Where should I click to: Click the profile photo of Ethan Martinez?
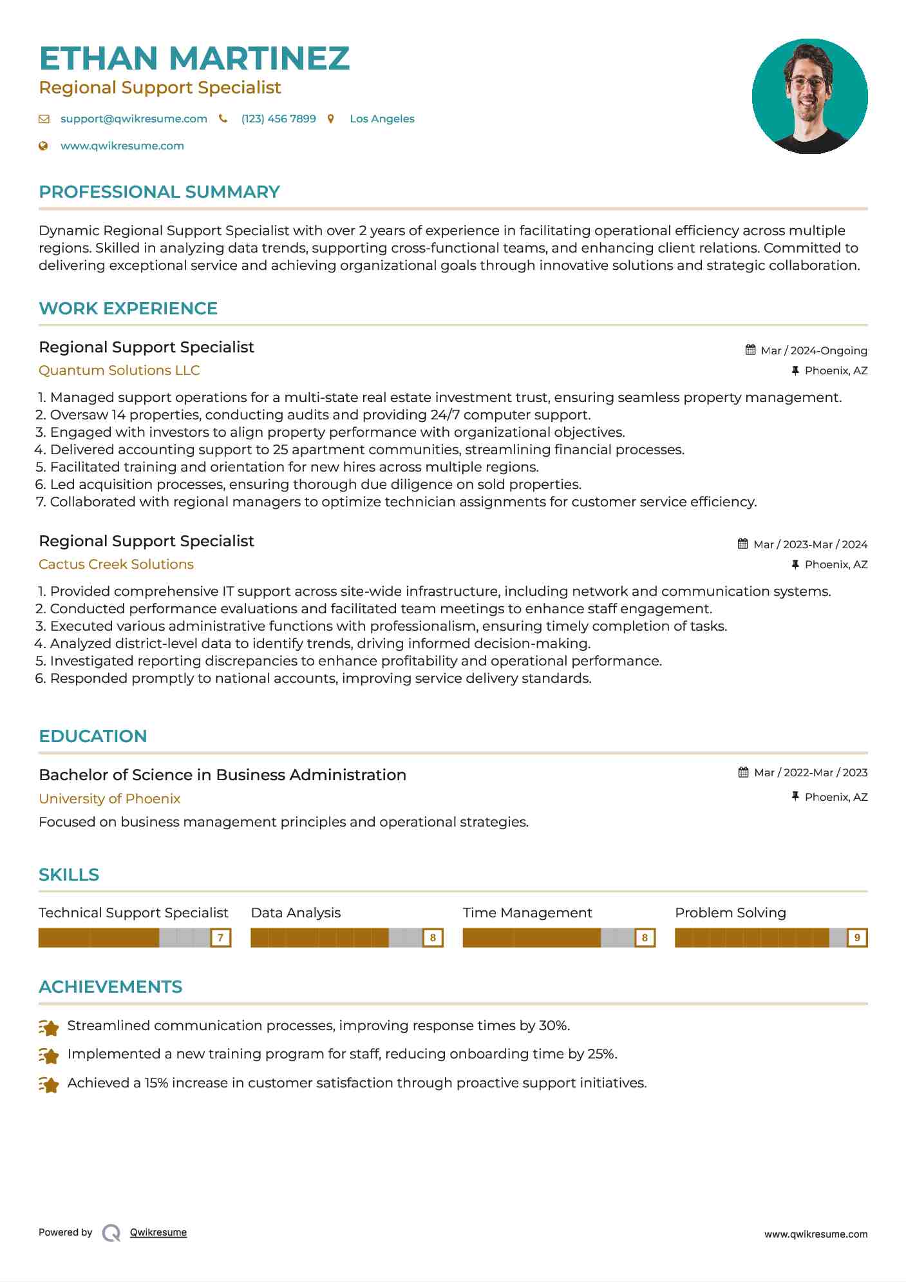pyautogui.click(x=809, y=97)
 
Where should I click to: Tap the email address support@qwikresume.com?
pyautogui.click(x=133, y=119)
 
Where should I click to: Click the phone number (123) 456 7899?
pyautogui.click(x=278, y=119)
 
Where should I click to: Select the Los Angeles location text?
pyautogui.click(x=382, y=119)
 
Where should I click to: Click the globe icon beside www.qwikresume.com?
pyautogui.click(x=43, y=146)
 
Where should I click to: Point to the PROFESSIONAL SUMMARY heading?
pyautogui.click(x=159, y=192)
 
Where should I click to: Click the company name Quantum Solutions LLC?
pyautogui.click(x=119, y=370)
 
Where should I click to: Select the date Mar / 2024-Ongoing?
pyautogui.click(x=813, y=350)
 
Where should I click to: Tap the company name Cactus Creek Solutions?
pyautogui.click(x=116, y=564)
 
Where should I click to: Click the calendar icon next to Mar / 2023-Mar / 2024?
pyautogui.click(x=742, y=544)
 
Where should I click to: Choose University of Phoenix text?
pyautogui.click(x=109, y=799)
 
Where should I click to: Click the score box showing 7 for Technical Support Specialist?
pyautogui.click(x=220, y=938)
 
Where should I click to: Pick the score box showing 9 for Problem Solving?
pyautogui.click(x=856, y=938)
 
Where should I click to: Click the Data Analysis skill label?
pyautogui.click(x=296, y=913)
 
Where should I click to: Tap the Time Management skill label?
pyautogui.click(x=527, y=913)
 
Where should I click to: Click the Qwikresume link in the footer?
pyautogui.click(x=158, y=1232)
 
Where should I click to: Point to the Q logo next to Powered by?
pyautogui.click(x=111, y=1233)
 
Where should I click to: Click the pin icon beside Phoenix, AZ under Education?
pyautogui.click(x=795, y=797)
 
